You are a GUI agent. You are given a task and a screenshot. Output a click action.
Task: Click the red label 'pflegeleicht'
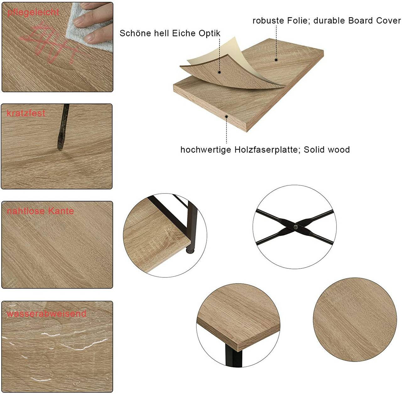[x=33, y=12]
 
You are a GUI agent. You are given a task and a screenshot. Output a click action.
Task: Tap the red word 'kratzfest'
[x=26, y=113]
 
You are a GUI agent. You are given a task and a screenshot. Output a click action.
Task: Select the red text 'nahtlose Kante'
[x=40, y=211]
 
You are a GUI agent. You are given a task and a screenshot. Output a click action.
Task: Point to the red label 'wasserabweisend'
[x=46, y=313]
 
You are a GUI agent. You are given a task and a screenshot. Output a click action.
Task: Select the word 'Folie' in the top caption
[x=298, y=21]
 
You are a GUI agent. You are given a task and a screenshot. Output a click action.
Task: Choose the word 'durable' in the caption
[x=329, y=21]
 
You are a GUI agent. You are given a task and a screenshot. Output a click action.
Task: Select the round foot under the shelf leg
[x=190, y=251]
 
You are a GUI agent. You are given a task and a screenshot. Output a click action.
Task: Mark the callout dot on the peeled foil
[x=220, y=72]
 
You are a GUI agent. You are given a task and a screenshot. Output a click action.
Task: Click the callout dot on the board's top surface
[x=276, y=59]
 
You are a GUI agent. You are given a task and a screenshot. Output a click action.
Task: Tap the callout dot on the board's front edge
[x=226, y=116]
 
